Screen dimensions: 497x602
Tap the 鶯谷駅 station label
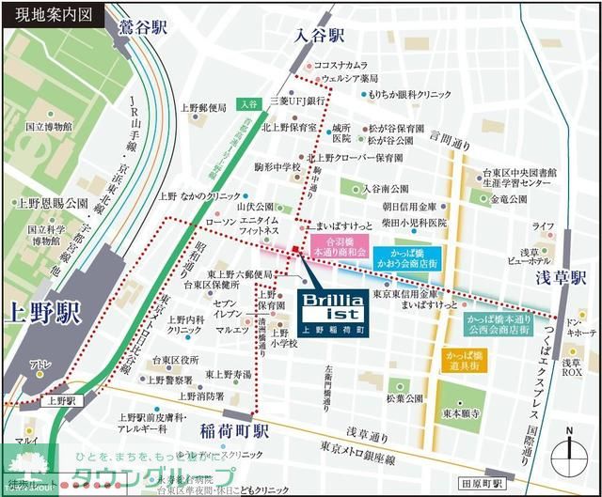click(x=143, y=27)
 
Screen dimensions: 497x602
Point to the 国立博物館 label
click(x=46, y=126)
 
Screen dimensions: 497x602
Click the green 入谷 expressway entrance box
click(x=247, y=103)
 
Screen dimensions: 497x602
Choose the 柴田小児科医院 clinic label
click(x=413, y=224)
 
